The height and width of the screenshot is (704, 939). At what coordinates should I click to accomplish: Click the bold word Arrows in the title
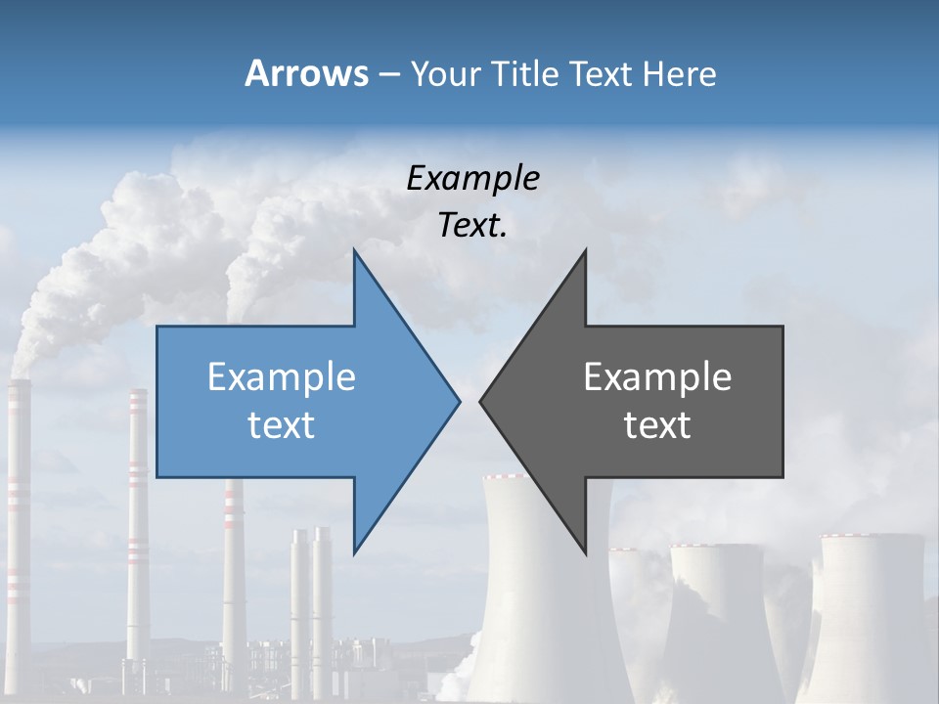[306, 73]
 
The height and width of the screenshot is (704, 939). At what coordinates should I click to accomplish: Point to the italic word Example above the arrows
[472, 178]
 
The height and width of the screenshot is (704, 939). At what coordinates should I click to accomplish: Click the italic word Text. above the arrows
[472, 226]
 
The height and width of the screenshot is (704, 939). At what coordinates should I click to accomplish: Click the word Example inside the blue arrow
[282, 377]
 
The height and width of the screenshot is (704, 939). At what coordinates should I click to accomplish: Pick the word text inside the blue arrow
[282, 425]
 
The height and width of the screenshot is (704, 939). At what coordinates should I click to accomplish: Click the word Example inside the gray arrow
[657, 377]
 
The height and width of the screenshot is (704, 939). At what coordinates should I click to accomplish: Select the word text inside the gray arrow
[657, 425]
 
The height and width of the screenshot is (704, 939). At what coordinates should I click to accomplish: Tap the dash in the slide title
[387, 74]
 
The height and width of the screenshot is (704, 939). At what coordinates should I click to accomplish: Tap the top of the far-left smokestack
[19, 383]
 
